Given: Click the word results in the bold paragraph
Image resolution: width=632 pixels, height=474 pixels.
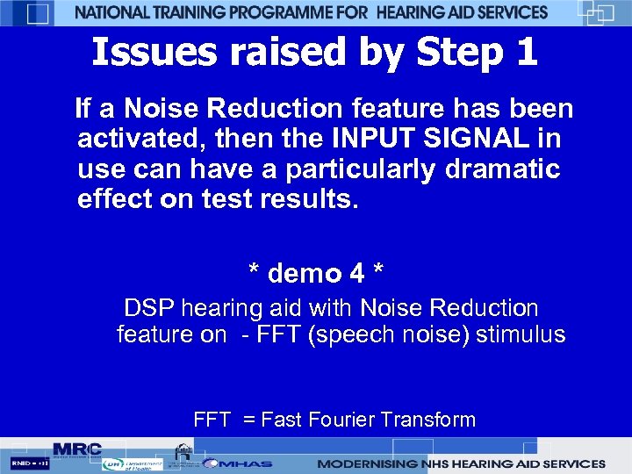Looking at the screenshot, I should (x=313, y=198).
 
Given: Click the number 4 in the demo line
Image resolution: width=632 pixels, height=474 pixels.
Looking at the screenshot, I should (x=357, y=274).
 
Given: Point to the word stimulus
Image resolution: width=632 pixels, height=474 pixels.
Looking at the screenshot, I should (x=521, y=334).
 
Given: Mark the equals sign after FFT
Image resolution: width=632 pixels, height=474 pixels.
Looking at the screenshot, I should (x=249, y=420).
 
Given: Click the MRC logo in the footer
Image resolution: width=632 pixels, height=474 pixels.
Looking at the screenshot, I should (x=77, y=449).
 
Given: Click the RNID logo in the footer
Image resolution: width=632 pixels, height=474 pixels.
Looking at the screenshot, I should (x=29, y=463).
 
